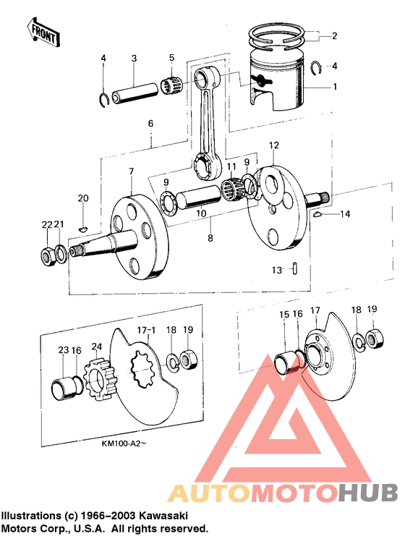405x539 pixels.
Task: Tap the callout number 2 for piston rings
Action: tap(334, 35)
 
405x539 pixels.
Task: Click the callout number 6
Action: tap(150, 124)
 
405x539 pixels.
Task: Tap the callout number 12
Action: tap(273, 145)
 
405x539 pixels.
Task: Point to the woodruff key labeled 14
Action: tap(319, 215)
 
